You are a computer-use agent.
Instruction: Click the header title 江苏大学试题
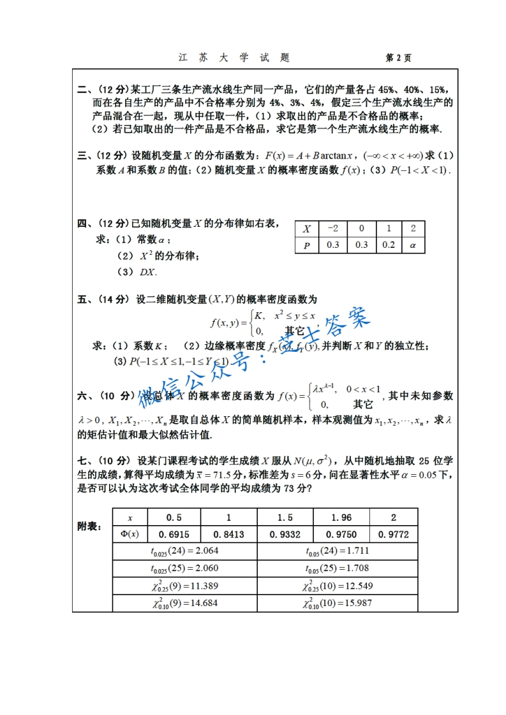click(x=234, y=58)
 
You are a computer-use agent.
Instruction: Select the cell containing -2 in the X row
click(x=332, y=229)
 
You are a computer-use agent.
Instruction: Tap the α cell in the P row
click(x=413, y=245)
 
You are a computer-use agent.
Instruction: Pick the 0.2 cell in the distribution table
click(x=388, y=245)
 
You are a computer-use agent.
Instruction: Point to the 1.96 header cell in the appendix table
click(x=341, y=517)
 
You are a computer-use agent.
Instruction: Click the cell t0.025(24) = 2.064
click(x=185, y=551)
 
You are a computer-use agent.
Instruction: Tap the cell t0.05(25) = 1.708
click(x=337, y=568)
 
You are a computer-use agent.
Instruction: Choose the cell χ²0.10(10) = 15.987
click(x=337, y=603)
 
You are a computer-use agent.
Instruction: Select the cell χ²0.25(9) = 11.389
click(x=185, y=586)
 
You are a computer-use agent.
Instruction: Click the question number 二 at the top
click(x=82, y=90)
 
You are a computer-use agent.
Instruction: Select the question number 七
click(x=82, y=461)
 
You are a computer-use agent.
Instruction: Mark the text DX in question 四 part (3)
click(x=147, y=272)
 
